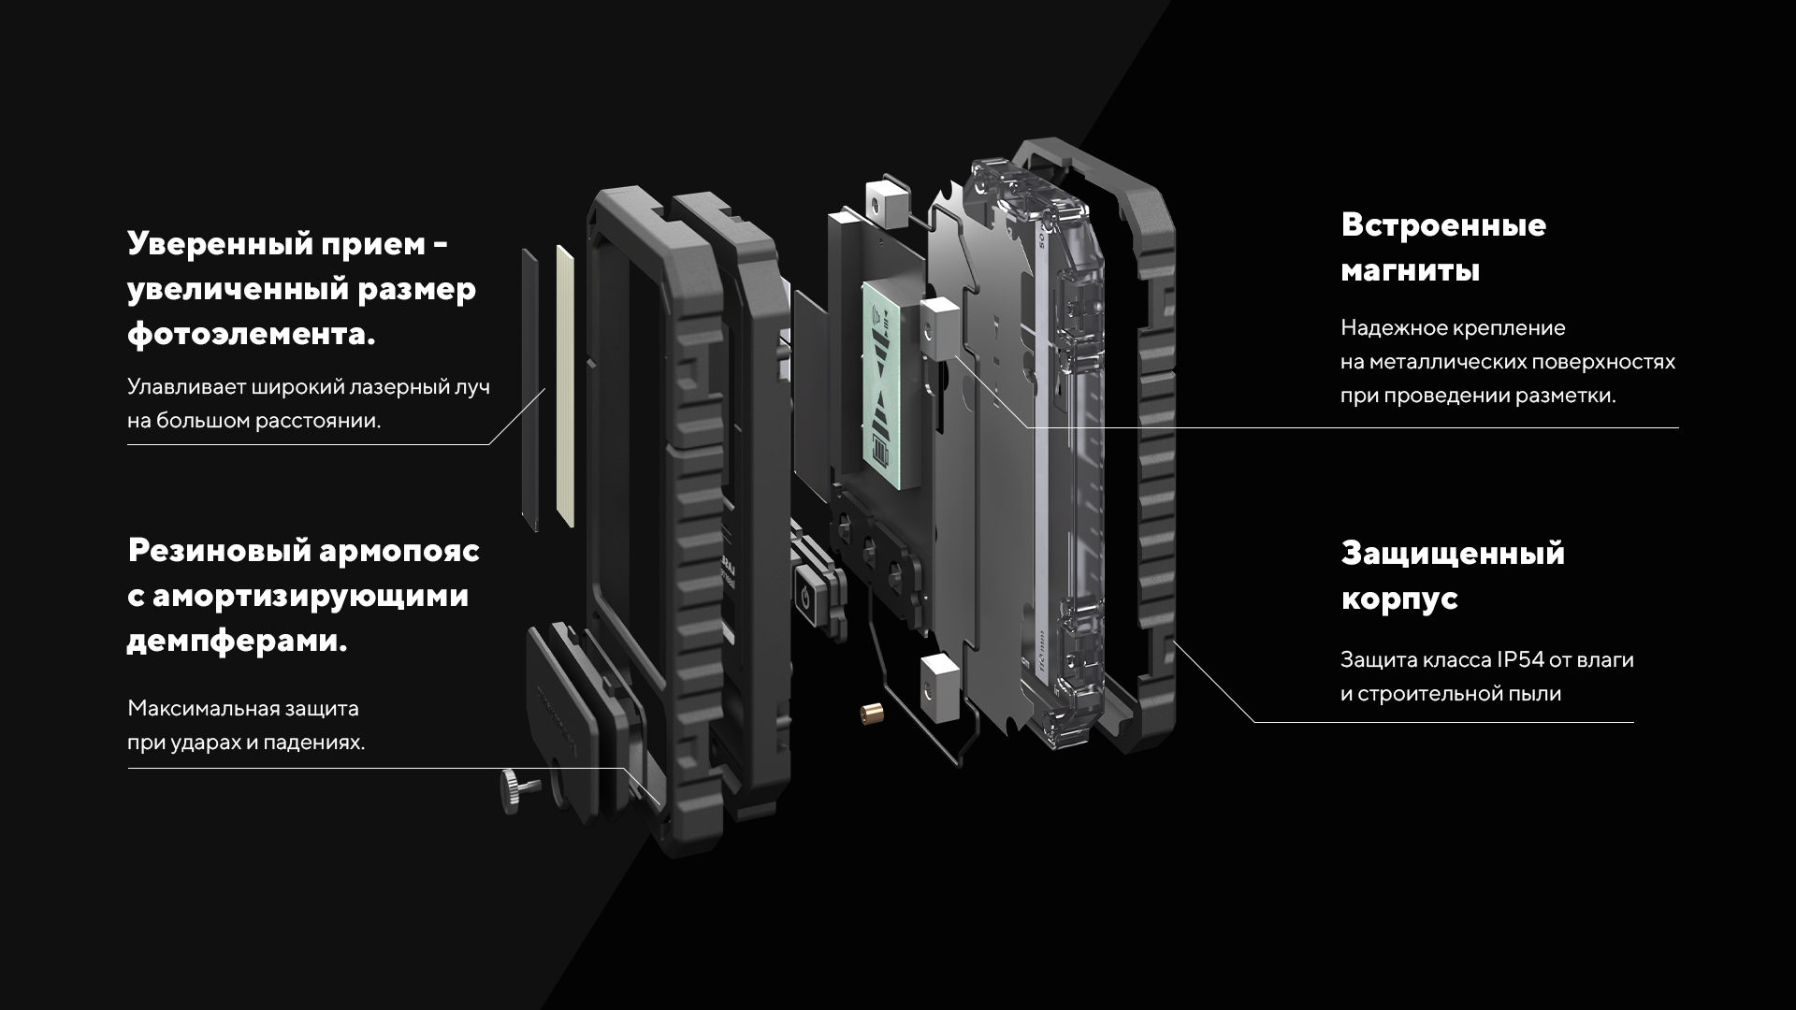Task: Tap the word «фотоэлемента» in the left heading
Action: click(x=250, y=335)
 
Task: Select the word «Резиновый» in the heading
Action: click(x=217, y=550)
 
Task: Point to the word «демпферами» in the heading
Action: click(x=236, y=642)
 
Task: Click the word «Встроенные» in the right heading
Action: click(x=1443, y=225)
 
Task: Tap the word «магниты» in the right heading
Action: click(x=1410, y=271)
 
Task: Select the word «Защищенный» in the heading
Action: click(x=1453, y=553)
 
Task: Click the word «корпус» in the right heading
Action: click(x=1399, y=599)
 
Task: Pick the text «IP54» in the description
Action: click(x=1519, y=660)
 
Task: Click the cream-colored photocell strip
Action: click(x=564, y=383)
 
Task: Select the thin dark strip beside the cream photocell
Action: click(x=529, y=388)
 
